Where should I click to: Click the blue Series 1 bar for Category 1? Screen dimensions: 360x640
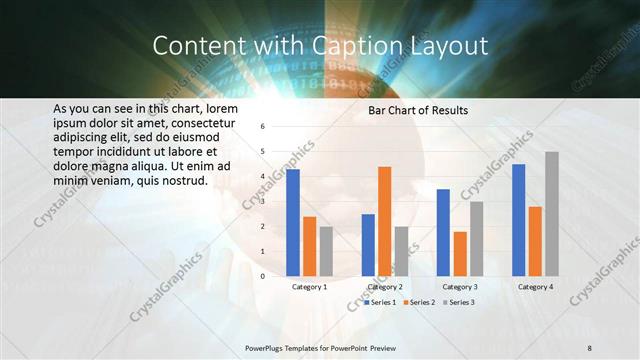click(293, 222)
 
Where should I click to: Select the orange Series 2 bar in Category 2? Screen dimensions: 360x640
click(385, 221)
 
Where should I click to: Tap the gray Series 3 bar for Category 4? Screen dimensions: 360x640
click(552, 213)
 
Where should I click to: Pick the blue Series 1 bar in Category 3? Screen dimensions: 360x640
click(443, 232)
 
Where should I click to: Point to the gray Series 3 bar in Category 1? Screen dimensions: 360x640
click(326, 250)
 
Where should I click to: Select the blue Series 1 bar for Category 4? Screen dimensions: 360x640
click(518, 220)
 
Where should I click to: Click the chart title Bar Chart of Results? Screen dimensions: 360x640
click(418, 110)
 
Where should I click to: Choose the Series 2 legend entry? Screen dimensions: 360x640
click(419, 301)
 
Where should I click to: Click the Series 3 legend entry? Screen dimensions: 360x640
click(459, 301)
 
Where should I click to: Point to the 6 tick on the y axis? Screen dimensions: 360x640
click(262, 127)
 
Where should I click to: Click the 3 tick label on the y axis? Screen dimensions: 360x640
click(262, 201)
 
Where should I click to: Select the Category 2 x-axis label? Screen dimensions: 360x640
click(385, 287)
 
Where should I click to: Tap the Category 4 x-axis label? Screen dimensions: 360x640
click(535, 287)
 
